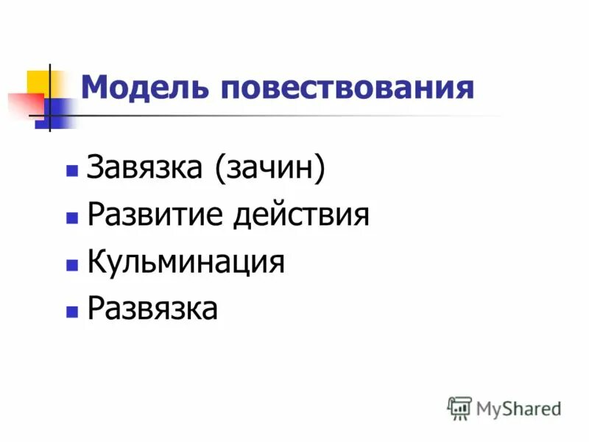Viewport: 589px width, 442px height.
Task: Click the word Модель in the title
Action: [143, 88]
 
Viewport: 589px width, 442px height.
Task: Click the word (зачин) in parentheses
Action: [269, 169]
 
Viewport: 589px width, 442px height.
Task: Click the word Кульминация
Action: [186, 262]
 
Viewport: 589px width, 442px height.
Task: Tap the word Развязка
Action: [152, 309]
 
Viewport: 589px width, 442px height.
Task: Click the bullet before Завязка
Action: [71, 171]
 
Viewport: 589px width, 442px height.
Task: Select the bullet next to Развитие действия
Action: [71, 218]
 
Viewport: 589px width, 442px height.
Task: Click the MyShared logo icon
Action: [459, 407]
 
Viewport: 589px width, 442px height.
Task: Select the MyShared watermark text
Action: [518, 408]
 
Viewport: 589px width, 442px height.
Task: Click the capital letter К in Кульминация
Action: [96, 262]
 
